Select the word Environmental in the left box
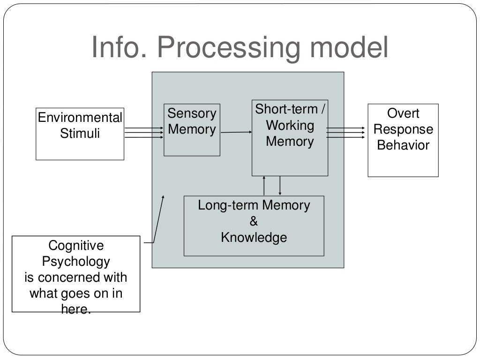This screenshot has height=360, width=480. (80, 118)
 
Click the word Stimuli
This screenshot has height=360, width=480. (80, 134)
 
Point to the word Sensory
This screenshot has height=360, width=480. (192, 113)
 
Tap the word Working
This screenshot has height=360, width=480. (290, 125)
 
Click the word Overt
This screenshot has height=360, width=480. (403, 113)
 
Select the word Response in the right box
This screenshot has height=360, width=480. (403, 129)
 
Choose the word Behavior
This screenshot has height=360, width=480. (403, 145)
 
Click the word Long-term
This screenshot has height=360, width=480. (228, 205)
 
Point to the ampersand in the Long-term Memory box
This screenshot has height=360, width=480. (254, 221)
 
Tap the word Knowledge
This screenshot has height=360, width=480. (254, 237)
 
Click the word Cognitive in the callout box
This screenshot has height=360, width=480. (76, 246)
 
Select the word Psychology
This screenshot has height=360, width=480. (76, 262)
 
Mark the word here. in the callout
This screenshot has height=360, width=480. (76, 309)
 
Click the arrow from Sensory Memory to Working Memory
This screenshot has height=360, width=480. (236, 132)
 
